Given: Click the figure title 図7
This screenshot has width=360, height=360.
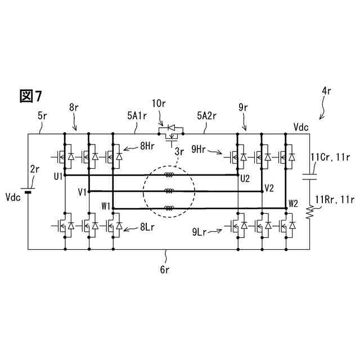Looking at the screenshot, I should coord(30,96).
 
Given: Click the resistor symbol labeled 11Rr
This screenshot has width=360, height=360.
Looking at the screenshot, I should coord(309,211).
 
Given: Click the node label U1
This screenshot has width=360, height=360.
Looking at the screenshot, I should coord(58,176).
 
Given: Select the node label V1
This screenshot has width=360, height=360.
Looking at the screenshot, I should coord(82,192).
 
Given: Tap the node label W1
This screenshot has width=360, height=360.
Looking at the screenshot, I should coord(106,206).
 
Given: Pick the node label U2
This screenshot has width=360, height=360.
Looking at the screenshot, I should coord(245,179).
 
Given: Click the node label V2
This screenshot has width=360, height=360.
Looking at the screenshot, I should coord(269,187).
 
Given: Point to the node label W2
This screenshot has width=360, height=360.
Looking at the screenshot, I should coord(293,202).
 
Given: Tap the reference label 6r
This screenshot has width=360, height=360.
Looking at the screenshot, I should coord(164,269).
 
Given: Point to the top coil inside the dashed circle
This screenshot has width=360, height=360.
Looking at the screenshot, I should coord(168,175).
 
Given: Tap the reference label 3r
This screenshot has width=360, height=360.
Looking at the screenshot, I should coord(179,151).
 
